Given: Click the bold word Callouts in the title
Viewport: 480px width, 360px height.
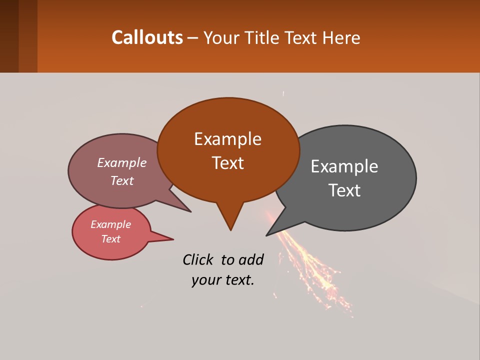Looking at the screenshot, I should pyautogui.click(x=147, y=37).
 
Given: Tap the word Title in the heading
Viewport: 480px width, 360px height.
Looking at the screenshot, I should pyautogui.click(x=263, y=37).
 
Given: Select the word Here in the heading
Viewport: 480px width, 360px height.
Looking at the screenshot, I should pyautogui.click(x=342, y=37).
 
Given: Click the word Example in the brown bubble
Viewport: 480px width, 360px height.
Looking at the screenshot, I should pyautogui.click(x=227, y=139).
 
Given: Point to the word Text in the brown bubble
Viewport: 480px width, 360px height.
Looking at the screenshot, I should pyautogui.click(x=227, y=163).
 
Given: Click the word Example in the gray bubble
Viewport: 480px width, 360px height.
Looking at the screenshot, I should pyautogui.click(x=344, y=166).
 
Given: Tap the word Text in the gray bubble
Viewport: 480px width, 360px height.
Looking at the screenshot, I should pyautogui.click(x=344, y=190).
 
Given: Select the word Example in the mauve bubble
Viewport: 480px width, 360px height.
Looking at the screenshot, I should pyautogui.click(x=121, y=163).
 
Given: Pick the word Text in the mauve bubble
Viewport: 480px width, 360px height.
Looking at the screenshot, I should pyautogui.click(x=121, y=180).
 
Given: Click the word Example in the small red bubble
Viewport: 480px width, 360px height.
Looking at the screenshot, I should pyautogui.click(x=110, y=224).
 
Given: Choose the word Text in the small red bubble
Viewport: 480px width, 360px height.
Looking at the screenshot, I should pyautogui.click(x=110, y=239).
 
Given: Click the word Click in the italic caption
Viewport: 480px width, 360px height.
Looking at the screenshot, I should pyautogui.click(x=198, y=259).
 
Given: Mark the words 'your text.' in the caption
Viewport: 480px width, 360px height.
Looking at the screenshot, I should pyautogui.click(x=222, y=280).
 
